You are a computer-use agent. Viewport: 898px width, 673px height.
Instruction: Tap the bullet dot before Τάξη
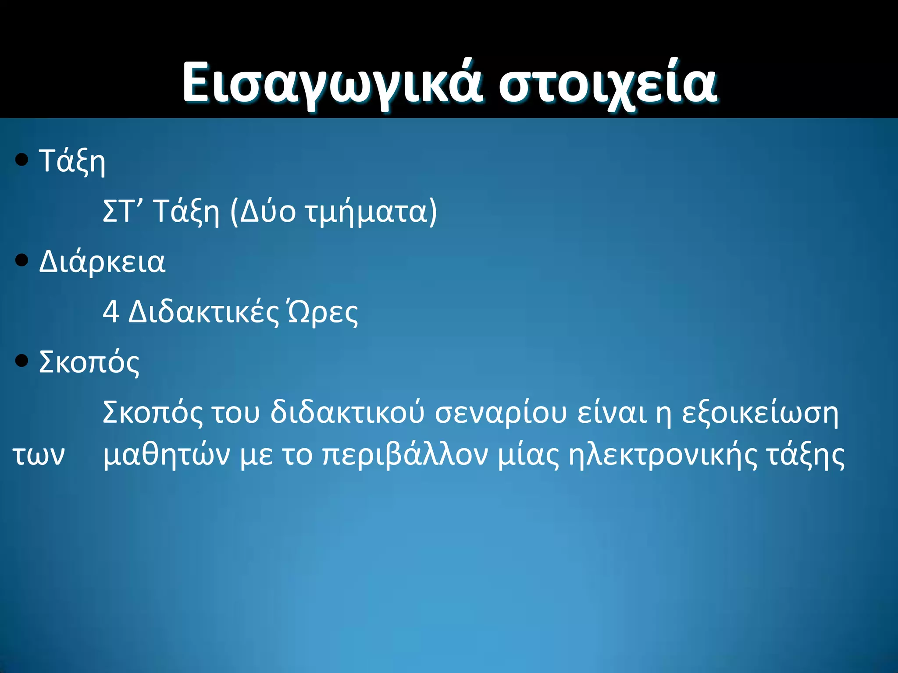click(x=21, y=160)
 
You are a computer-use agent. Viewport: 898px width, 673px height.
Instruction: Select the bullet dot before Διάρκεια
click(x=21, y=261)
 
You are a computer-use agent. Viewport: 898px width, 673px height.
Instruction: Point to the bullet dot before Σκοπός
click(x=21, y=361)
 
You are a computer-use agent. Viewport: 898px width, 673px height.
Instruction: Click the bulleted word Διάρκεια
click(x=102, y=262)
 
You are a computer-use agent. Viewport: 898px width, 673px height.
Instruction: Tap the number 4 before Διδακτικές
click(x=110, y=312)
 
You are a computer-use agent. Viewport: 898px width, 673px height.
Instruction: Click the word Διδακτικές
click(x=203, y=312)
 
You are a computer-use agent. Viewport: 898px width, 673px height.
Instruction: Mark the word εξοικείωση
click(x=760, y=413)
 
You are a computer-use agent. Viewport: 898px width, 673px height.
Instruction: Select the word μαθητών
click(x=166, y=455)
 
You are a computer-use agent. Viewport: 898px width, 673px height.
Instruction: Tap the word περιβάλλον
click(x=405, y=455)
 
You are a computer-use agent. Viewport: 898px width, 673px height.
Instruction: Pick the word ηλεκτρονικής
click(x=663, y=455)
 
